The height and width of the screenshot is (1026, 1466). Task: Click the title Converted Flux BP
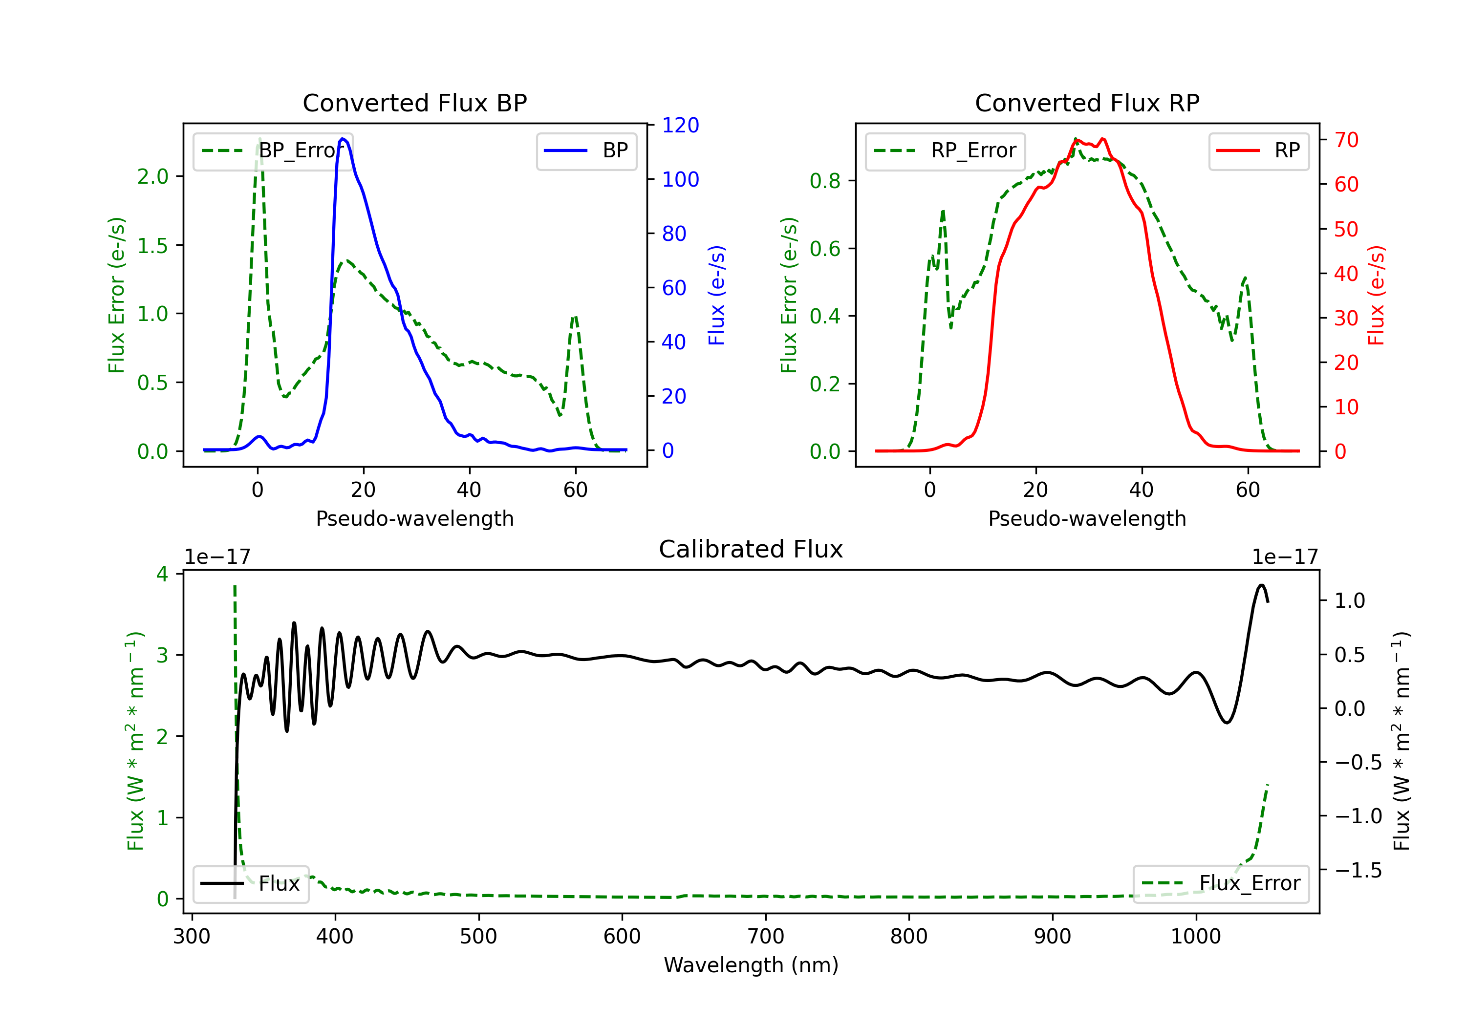[x=414, y=103]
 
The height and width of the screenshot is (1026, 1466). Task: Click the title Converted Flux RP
[x=1087, y=103]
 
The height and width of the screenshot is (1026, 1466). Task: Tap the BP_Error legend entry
[x=273, y=150]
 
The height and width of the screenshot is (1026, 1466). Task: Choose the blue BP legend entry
[x=586, y=150]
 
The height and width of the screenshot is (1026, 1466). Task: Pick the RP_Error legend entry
[x=945, y=150]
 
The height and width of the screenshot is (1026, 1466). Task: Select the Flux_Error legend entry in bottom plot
[x=1220, y=884]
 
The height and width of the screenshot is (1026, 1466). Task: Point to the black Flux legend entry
[x=251, y=884]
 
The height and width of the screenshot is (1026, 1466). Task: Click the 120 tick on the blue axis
[x=680, y=125]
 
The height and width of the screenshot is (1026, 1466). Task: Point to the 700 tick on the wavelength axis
[x=766, y=937]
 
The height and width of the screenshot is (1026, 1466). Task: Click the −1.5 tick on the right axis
[x=1358, y=870]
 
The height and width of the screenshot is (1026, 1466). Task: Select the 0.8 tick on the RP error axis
[x=825, y=181]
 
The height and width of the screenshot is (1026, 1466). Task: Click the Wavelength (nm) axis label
[x=751, y=965]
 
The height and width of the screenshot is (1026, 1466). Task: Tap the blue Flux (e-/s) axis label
[x=716, y=295]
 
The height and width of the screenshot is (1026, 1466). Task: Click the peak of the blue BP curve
[x=343, y=139]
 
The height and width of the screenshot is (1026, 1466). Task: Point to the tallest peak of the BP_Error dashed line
[x=259, y=139]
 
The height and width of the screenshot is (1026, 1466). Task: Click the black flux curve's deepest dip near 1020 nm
[x=1226, y=723]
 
